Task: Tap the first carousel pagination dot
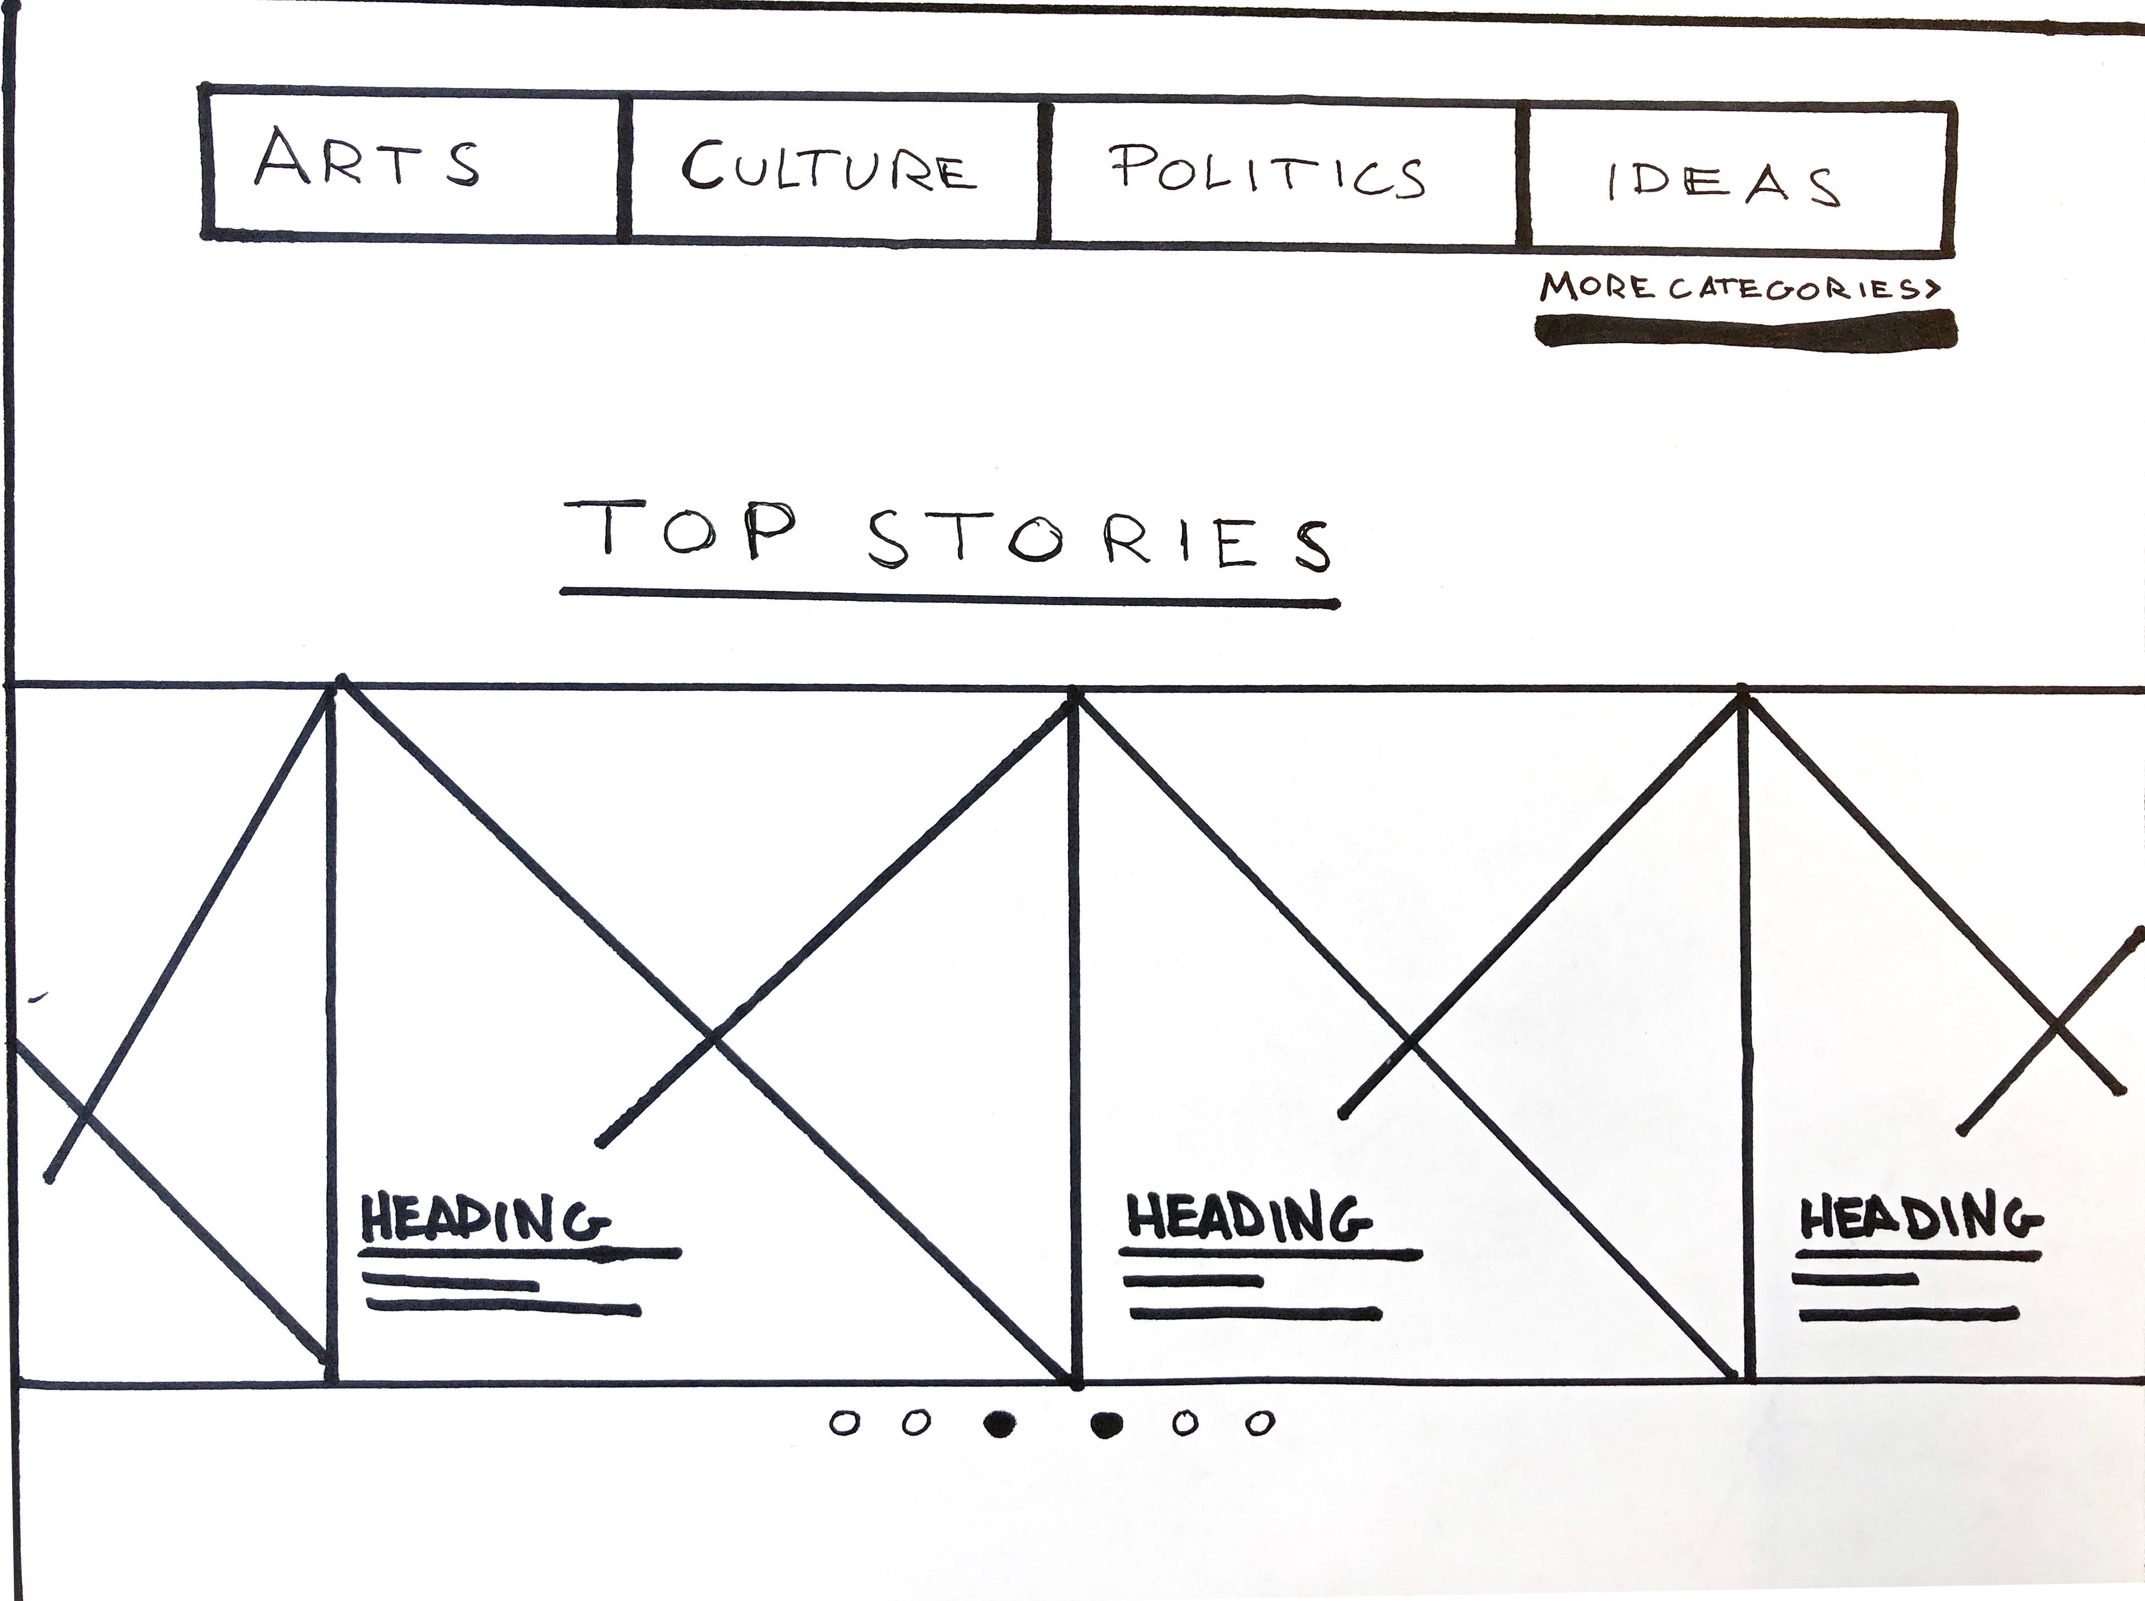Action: pos(845,1423)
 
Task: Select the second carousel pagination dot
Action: pos(915,1423)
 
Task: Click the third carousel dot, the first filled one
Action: pos(999,1424)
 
